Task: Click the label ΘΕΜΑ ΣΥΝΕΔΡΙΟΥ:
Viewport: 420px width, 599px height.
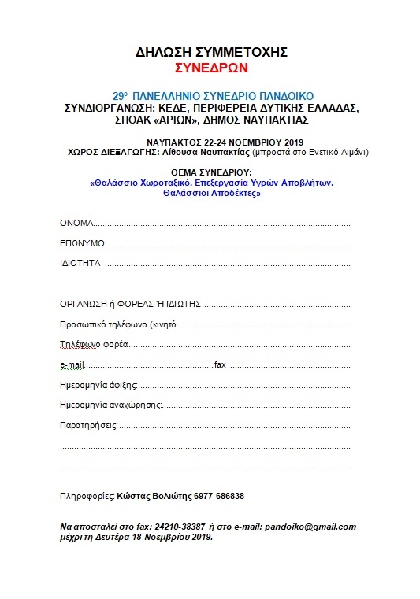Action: (x=210, y=171)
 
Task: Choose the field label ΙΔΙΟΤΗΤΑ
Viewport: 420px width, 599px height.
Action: (x=80, y=263)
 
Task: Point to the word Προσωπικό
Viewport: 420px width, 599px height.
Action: (x=83, y=324)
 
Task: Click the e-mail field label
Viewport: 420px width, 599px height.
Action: (x=72, y=365)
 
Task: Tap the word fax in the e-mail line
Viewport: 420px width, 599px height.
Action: (x=220, y=365)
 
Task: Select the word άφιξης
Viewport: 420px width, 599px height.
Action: (x=124, y=385)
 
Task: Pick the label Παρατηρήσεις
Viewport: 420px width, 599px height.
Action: (x=88, y=425)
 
